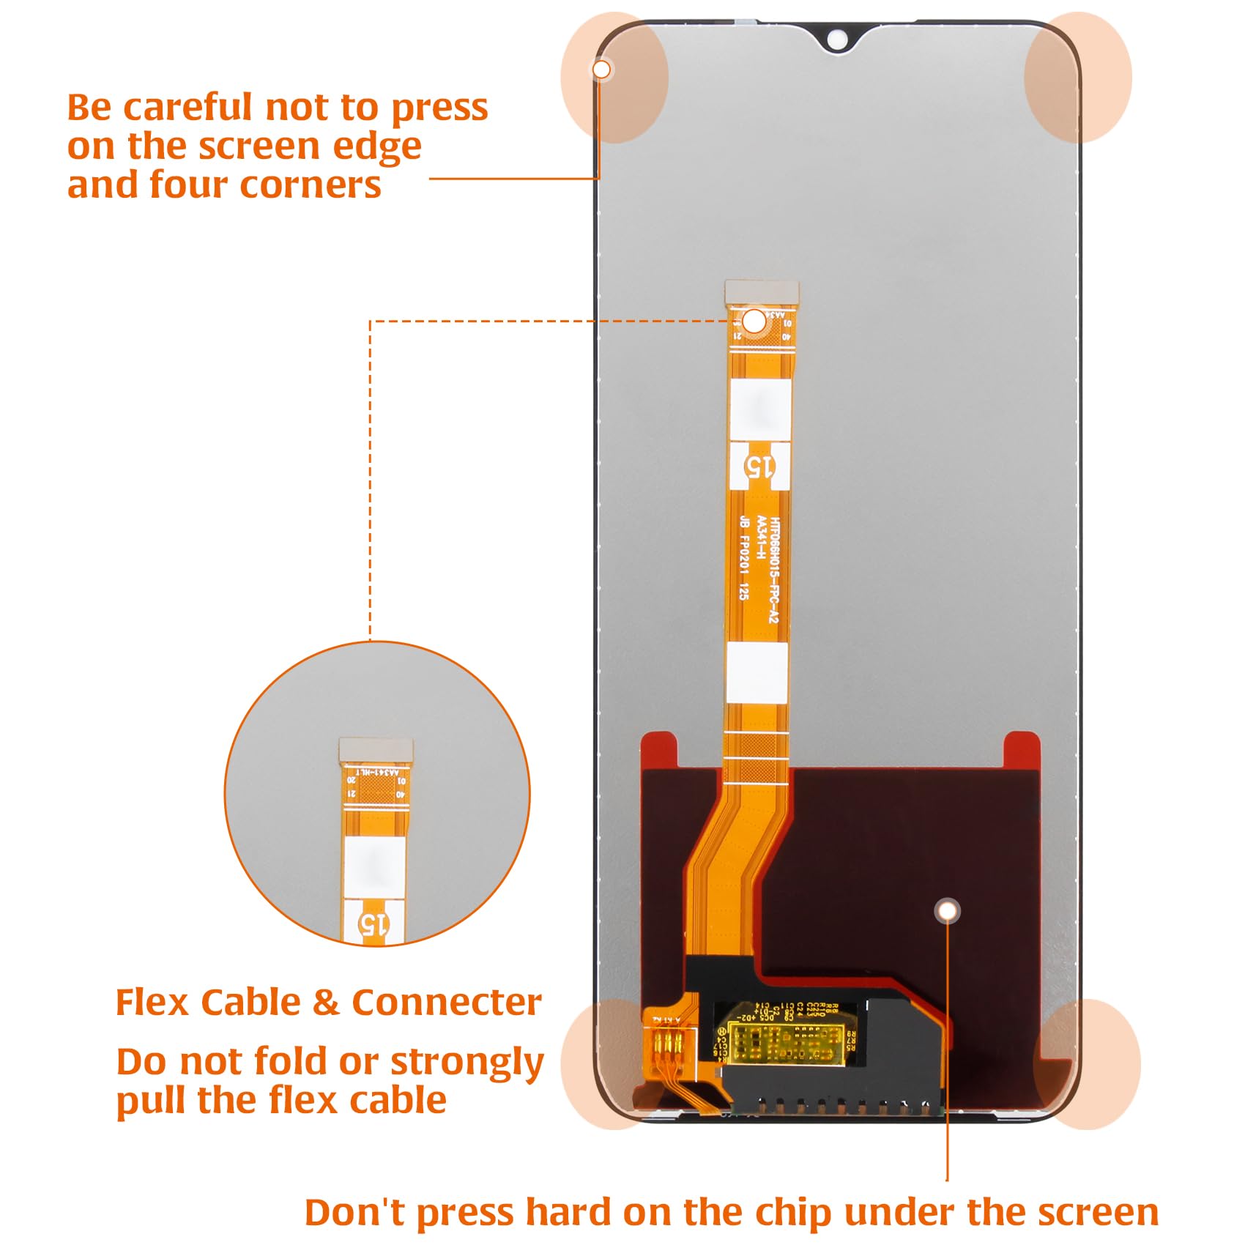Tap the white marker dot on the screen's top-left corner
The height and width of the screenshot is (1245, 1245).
click(601, 70)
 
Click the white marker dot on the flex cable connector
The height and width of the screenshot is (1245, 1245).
click(754, 321)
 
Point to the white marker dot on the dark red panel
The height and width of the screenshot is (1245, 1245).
click(948, 910)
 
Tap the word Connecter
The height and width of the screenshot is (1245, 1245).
click(447, 1003)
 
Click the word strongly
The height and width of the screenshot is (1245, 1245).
click(467, 1063)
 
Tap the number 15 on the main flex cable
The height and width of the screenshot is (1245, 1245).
click(759, 467)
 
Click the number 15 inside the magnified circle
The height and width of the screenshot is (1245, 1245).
click(373, 924)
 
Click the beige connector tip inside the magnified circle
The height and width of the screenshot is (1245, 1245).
click(376, 748)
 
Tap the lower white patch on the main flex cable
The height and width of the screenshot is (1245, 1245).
click(757, 672)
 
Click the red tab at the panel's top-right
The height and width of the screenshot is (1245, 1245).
click(1022, 751)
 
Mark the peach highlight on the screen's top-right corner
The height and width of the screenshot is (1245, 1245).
click(1077, 77)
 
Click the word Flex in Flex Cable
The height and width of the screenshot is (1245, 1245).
click(152, 1003)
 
